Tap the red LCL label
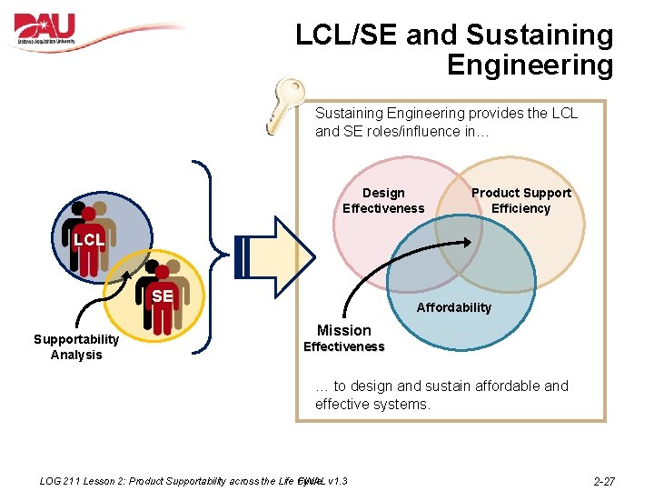click(x=89, y=240)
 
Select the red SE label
click(x=163, y=296)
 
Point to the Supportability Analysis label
click(x=76, y=346)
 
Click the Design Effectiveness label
click(x=383, y=200)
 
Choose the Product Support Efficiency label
click(x=521, y=200)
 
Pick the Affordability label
click(x=453, y=307)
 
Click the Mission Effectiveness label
click(x=343, y=337)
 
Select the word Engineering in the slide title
click(x=530, y=65)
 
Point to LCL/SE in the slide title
click(x=346, y=35)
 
